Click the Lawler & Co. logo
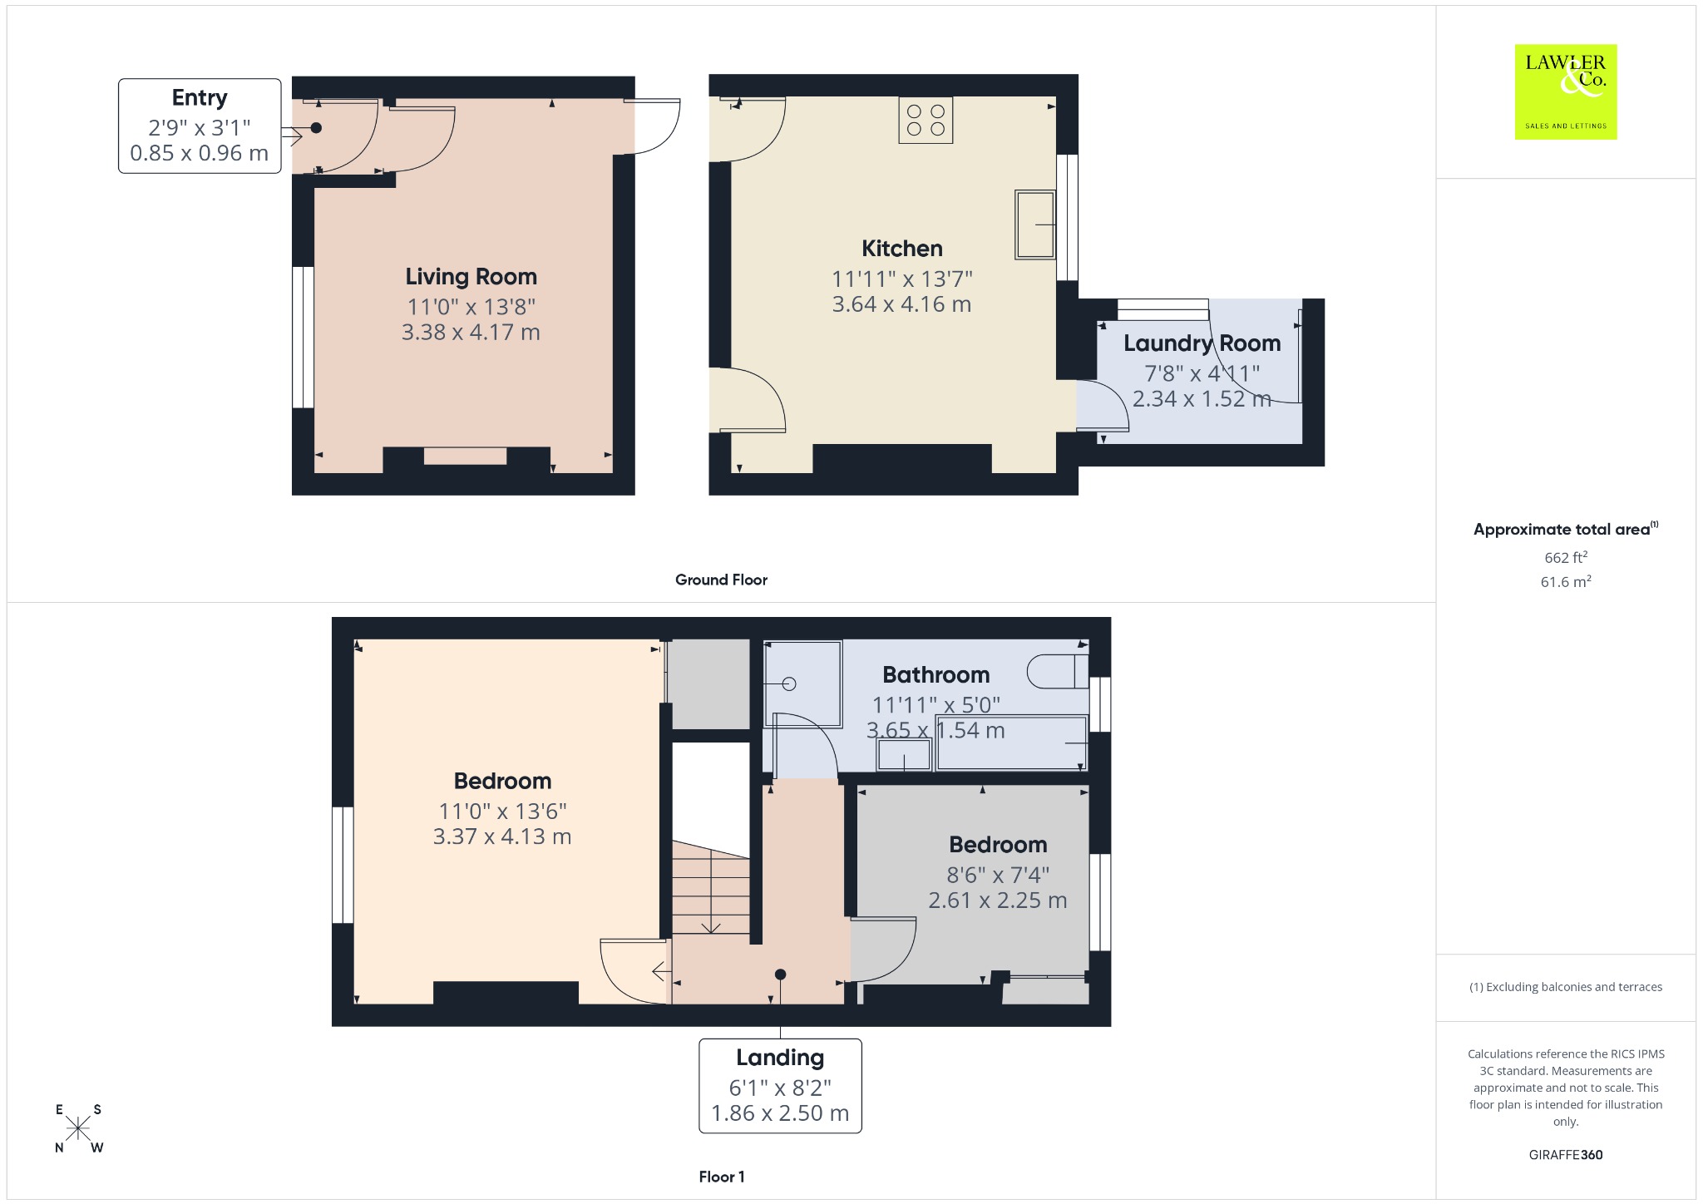point(1565,91)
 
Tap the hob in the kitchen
point(926,121)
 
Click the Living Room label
point(471,276)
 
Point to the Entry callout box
point(200,126)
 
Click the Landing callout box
point(780,1085)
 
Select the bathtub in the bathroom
point(1012,743)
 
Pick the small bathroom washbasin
point(904,755)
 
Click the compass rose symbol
point(79,1128)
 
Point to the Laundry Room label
point(1202,343)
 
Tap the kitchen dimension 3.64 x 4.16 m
point(901,304)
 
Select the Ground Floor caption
point(721,580)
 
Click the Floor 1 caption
point(721,1177)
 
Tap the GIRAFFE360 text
point(1565,1154)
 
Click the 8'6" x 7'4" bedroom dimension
point(998,875)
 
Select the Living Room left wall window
point(303,337)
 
